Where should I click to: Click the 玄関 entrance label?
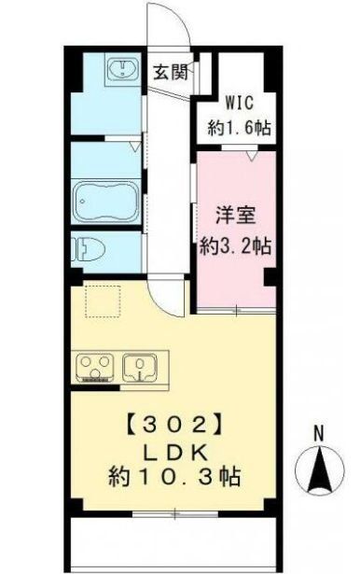pyautogui.click(x=172, y=72)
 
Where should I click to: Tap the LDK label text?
pyautogui.click(x=174, y=452)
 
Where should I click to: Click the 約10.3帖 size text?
pyautogui.click(x=174, y=478)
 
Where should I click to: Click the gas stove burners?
pyautogui.click(x=94, y=366)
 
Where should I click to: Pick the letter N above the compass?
pyautogui.click(x=318, y=433)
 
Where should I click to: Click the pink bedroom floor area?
pyautogui.click(x=233, y=280)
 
